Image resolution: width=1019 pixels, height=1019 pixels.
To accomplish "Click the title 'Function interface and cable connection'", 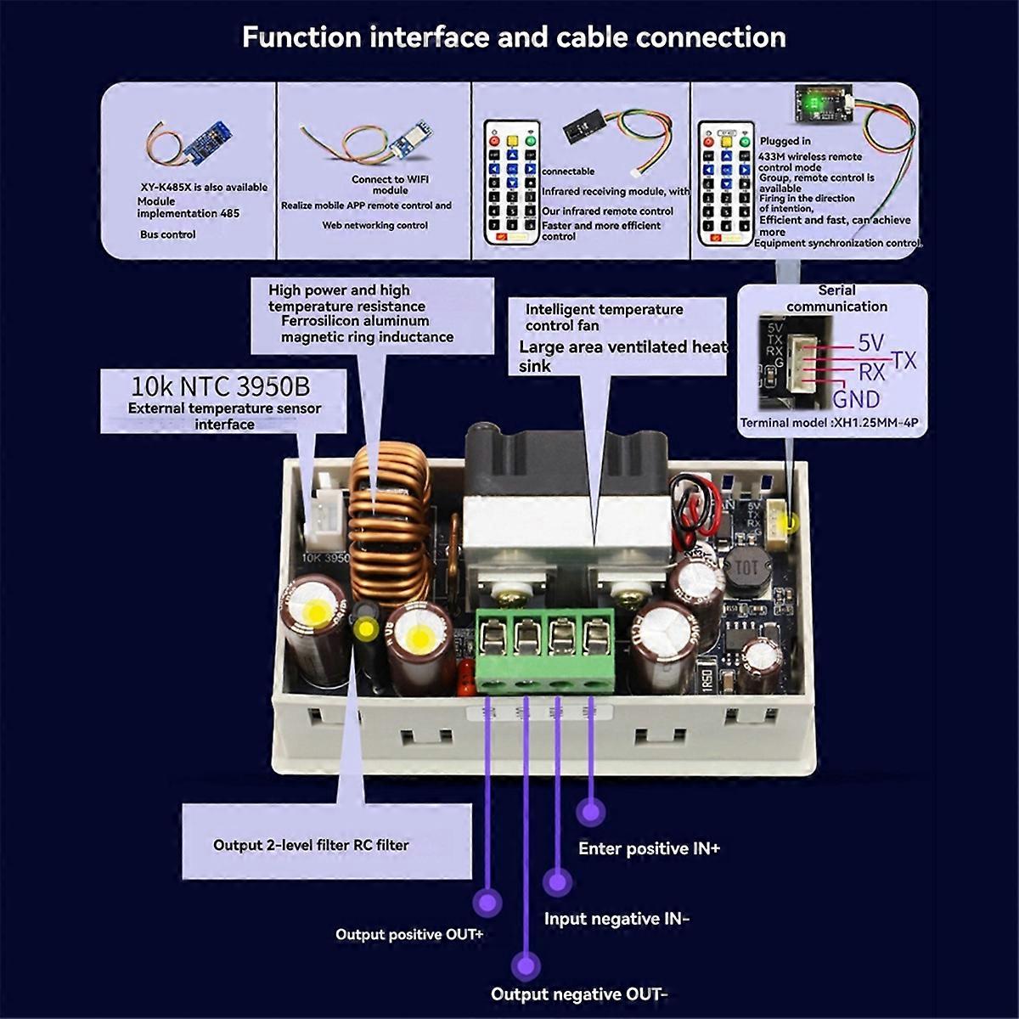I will (x=514, y=37).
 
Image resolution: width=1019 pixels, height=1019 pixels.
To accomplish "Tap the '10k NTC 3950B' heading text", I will (x=220, y=386).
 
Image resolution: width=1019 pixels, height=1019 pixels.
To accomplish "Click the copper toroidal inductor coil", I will (x=391, y=526).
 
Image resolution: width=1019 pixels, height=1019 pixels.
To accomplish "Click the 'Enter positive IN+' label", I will (x=649, y=848).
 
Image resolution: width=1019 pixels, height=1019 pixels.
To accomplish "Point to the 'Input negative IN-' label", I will (x=616, y=919).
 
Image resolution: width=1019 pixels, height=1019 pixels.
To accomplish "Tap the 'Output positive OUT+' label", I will (x=409, y=935).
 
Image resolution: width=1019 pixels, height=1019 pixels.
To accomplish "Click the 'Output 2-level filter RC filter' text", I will (x=311, y=846).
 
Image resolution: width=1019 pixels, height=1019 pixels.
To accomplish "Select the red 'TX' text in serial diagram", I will (x=904, y=361).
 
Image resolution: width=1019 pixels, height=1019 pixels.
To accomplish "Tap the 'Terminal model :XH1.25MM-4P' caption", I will (x=829, y=423).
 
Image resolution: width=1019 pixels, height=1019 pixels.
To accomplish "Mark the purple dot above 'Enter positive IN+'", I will (x=590, y=811).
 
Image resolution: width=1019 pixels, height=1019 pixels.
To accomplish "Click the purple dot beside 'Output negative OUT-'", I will (x=526, y=966).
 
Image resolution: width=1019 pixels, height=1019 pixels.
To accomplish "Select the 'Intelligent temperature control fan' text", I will (x=604, y=318).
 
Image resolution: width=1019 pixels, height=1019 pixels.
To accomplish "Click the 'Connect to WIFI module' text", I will (x=390, y=184).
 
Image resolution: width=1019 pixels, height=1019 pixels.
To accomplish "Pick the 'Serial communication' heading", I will (x=836, y=298).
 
